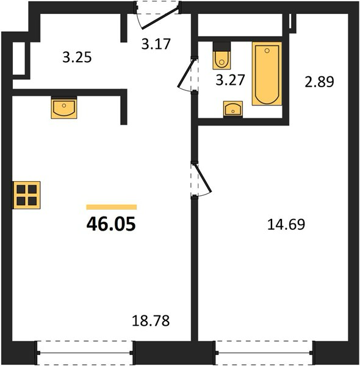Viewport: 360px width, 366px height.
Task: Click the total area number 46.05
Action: click(111, 224)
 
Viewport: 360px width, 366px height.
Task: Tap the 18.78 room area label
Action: click(151, 320)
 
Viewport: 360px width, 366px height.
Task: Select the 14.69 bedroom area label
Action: click(286, 224)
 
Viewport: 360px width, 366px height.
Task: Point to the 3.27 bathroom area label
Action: click(230, 79)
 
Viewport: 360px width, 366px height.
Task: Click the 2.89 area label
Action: click(319, 82)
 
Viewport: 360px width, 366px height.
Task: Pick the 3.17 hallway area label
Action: click(156, 44)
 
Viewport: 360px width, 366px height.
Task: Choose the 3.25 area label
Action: click(77, 57)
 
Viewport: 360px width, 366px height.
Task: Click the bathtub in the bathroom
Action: click(267, 74)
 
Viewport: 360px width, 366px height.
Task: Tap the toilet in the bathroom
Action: click(221, 56)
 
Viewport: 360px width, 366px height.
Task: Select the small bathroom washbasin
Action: click(233, 109)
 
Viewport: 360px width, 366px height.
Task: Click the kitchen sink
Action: click(64, 108)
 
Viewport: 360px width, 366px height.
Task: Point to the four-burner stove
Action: click(26, 195)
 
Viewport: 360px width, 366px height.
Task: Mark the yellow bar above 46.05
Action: click(112, 207)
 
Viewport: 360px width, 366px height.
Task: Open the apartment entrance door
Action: click(160, 18)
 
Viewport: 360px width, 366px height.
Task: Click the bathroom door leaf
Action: click(186, 73)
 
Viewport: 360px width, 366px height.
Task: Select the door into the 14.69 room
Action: click(203, 179)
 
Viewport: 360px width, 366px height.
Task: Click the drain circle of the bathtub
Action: click(267, 51)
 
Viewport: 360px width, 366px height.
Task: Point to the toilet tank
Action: click(221, 46)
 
